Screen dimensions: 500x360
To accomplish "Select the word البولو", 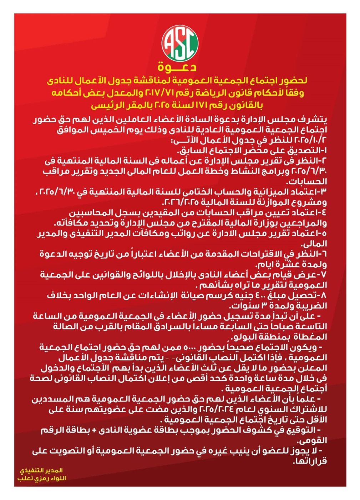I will pos(247,337).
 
